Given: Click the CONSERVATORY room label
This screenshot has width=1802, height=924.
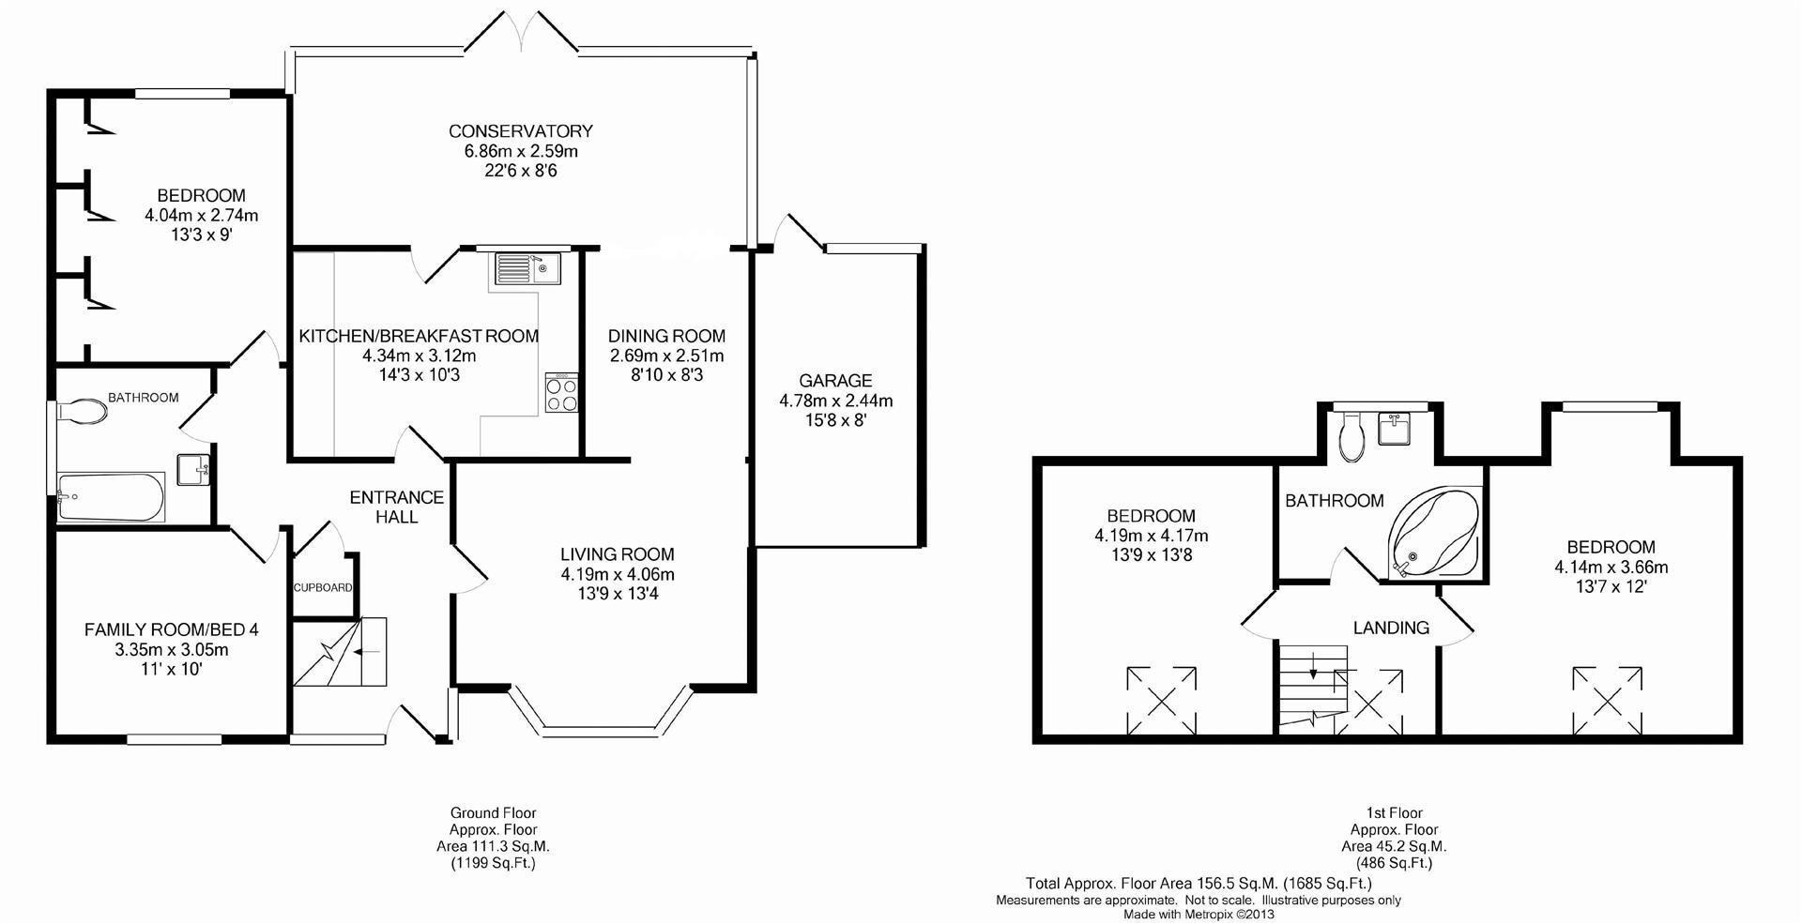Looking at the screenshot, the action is tap(520, 131).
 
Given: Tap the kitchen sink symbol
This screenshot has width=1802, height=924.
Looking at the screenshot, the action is tap(526, 268).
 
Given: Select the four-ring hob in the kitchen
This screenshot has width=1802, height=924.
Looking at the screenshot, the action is tap(561, 393).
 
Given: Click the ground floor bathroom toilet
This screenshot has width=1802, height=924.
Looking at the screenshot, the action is tap(83, 411).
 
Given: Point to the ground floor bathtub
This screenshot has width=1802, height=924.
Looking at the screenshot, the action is tap(111, 496).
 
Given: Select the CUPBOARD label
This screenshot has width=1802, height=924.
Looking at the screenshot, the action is tap(323, 588).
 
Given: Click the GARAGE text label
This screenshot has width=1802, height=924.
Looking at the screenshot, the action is tap(835, 381).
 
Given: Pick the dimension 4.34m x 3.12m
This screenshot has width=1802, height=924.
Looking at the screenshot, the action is tap(419, 356).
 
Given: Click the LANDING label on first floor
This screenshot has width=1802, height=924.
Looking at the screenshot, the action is tap(1391, 628).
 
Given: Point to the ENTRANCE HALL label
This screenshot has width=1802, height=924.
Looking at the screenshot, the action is tap(397, 507).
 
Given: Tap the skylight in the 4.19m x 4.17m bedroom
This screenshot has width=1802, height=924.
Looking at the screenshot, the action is tap(1161, 701).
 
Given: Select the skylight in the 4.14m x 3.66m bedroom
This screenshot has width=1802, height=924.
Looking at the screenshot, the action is tap(1609, 701).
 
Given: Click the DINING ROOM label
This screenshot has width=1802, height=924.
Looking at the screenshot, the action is tap(666, 336).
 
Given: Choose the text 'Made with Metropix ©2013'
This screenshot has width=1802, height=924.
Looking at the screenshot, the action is tap(1199, 915).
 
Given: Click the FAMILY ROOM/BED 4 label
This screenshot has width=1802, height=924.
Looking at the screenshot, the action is tap(172, 629).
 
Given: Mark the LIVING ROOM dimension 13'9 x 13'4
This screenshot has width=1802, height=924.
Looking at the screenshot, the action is tap(618, 594).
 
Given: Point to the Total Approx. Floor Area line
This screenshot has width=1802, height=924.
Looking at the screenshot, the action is tap(1199, 883).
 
